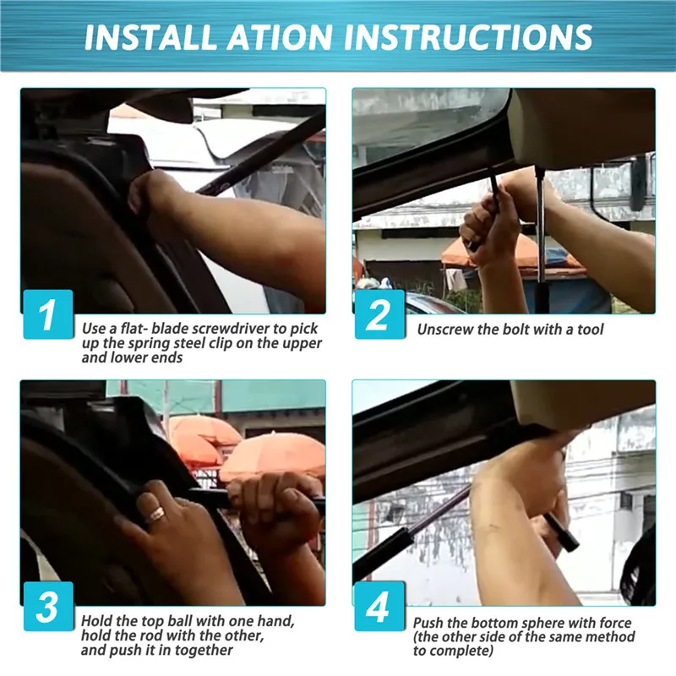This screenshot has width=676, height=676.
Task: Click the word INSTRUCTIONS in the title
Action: point(468,37)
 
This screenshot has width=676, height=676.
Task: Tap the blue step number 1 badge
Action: point(48,313)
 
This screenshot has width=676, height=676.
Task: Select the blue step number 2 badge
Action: point(379,313)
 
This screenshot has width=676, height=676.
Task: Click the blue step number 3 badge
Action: point(48,606)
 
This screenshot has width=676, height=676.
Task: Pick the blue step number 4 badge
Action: point(379,606)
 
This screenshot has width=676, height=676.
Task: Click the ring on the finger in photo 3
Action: point(155,514)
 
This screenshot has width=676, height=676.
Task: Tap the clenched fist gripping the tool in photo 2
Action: point(489,228)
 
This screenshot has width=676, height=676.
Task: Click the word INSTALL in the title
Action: point(150,37)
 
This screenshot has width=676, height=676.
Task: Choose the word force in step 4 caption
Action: point(615,624)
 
